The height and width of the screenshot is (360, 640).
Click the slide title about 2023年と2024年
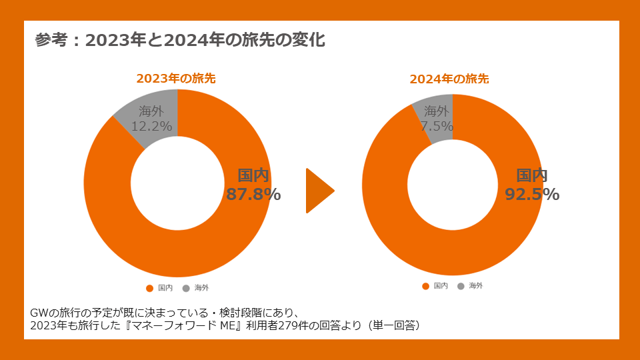[x=180, y=40]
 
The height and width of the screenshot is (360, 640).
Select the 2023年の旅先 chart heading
[x=176, y=78]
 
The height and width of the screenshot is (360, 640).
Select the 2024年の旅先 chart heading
[x=449, y=79]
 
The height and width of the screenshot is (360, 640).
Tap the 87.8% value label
[x=253, y=194]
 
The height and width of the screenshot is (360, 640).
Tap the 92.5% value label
[x=532, y=194]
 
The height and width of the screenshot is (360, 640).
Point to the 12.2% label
[x=152, y=125]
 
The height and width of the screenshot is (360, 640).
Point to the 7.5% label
[x=437, y=125]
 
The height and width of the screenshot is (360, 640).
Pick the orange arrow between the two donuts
[x=318, y=191]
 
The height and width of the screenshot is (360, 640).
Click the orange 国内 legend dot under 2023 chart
[x=149, y=288]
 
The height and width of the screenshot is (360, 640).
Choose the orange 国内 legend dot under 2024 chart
[x=425, y=286]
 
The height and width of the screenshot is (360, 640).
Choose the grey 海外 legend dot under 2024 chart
[x=461, y=286]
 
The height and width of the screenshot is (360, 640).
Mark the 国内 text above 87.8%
[x=253, y=176]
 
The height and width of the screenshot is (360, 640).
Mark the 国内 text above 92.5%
[x=532, y=176]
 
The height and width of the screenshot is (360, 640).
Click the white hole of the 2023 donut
[x=177, y=183]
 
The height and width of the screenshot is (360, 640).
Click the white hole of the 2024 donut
[x=453, y=185]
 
